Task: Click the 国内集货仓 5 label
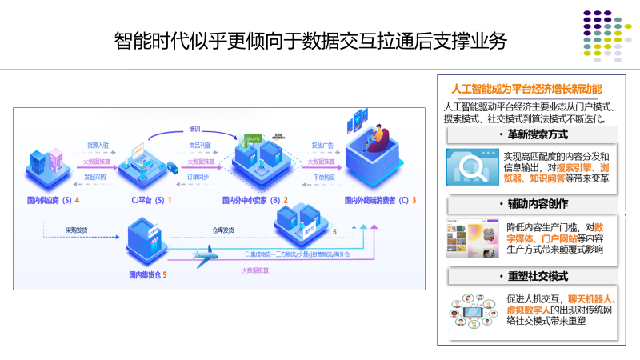pos(149,275)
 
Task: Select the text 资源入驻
pos(98,145)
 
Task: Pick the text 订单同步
pos(198,175)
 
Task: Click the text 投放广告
pos(322,145)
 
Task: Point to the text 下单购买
pos(324,175)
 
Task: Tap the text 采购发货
pos(77,230)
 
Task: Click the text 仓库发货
pos(223,230)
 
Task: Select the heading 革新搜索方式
pos(531,134)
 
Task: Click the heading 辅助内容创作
pos(531,205)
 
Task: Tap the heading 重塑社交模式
pos(531,275)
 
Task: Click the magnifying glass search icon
pos(473,167)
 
